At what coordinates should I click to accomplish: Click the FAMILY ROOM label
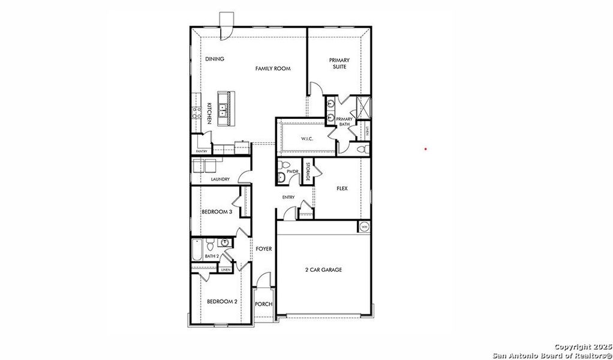(x=273, y=69)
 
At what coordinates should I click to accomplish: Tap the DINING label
(x=215, y=59)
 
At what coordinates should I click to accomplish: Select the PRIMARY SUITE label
(x=339, y=63)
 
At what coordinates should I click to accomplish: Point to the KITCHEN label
(x=209, y=113)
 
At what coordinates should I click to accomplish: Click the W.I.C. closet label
(x=306, y=139)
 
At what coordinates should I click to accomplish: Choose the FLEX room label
(x=342, y=188)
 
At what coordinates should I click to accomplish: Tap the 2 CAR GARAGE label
(x=323, y=270)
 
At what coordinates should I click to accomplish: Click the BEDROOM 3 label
(x=217, y=211)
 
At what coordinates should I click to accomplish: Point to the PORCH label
(x=263, y=304)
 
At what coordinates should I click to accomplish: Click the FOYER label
(x=264, y=248)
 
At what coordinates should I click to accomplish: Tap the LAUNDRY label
(x=220, y=179)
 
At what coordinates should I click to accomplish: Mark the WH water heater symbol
(x=364, y=227)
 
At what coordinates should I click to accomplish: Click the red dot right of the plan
(x=426, y=149)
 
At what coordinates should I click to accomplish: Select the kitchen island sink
(x=223, y=110)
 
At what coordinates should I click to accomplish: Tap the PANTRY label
(x=202, y=151)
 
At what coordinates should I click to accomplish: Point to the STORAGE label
(x=308, y=172)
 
